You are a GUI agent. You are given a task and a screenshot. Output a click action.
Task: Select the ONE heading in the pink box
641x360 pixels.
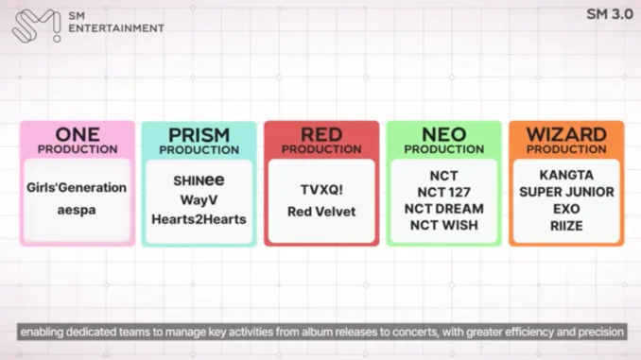click(78, 134)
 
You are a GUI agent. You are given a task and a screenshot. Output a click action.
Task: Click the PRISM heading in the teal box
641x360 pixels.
click(199, 134)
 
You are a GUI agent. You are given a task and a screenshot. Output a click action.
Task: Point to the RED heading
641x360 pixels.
click(320, 134)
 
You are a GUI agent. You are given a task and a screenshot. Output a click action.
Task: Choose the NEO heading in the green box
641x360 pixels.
click(443, 134)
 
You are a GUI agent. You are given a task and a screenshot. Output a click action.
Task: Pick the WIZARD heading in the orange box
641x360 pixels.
click(565, 134)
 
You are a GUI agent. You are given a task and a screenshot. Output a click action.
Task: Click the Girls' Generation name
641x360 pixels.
click(77, 187)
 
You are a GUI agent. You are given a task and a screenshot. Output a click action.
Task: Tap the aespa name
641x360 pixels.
click(77, 209)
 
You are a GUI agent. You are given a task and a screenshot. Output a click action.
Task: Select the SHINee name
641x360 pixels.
click(199, 180)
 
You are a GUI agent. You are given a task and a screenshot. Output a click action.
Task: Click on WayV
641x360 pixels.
click(199, 199)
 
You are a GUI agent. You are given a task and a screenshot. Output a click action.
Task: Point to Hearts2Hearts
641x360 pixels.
click(199, 219)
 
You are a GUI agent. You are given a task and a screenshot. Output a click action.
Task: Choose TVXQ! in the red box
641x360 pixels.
click(320, 190)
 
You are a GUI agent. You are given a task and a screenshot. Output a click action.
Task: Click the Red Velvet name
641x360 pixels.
click(320, 212)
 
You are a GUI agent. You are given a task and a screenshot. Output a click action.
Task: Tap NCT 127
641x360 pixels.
click(443, 191)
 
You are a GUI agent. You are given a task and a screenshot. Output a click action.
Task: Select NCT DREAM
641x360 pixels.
click(443, 208)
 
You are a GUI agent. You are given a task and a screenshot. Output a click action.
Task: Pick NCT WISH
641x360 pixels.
click(443, 225)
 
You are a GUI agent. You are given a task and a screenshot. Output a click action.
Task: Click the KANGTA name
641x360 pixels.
click(565, 175)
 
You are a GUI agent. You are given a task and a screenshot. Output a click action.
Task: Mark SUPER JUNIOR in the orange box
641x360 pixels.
click(565, 192)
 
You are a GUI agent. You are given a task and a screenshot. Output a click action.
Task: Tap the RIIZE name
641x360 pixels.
click(565, 225)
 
